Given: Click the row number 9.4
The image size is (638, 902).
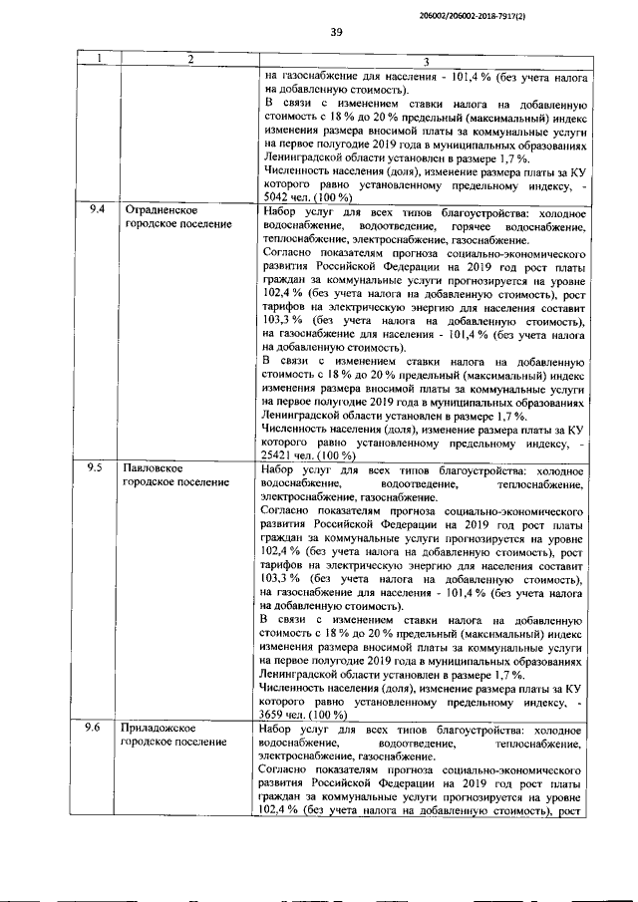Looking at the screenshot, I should pyautogui.click(x=96, y=212).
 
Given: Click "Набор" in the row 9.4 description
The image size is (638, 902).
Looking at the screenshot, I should pyautogui.click(x=278, y=212).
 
